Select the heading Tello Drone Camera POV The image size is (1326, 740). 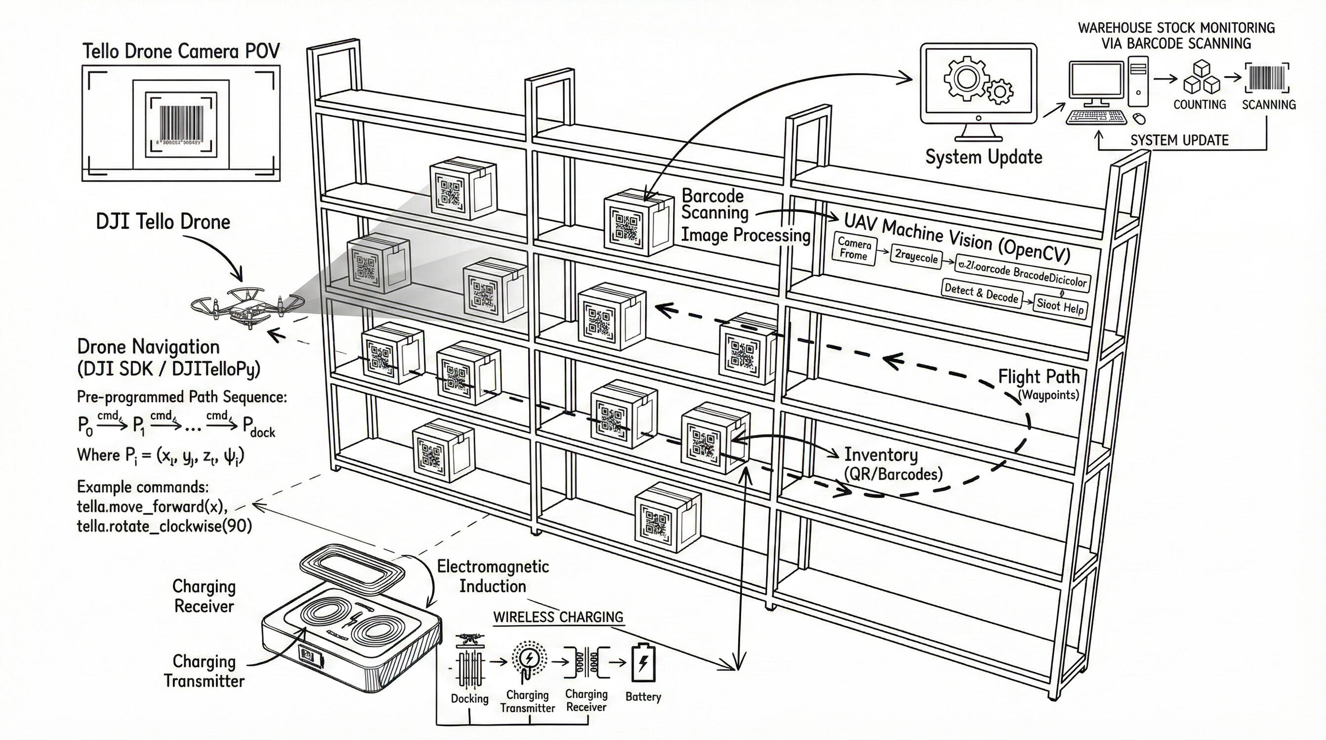[181, 51]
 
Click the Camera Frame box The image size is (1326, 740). [854, 249]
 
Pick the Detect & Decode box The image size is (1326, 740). [981, 294]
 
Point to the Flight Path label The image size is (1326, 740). [1039, 377]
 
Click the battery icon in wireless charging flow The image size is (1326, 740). [642, 664]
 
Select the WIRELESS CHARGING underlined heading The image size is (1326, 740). [558, 617]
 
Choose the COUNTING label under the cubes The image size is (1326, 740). [1200, 104]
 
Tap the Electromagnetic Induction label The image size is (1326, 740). [493, 576]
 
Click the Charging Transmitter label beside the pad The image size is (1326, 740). [204, 671]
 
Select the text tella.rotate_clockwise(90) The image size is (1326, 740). [164, 527]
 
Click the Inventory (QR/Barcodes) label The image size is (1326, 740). [893, 464]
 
